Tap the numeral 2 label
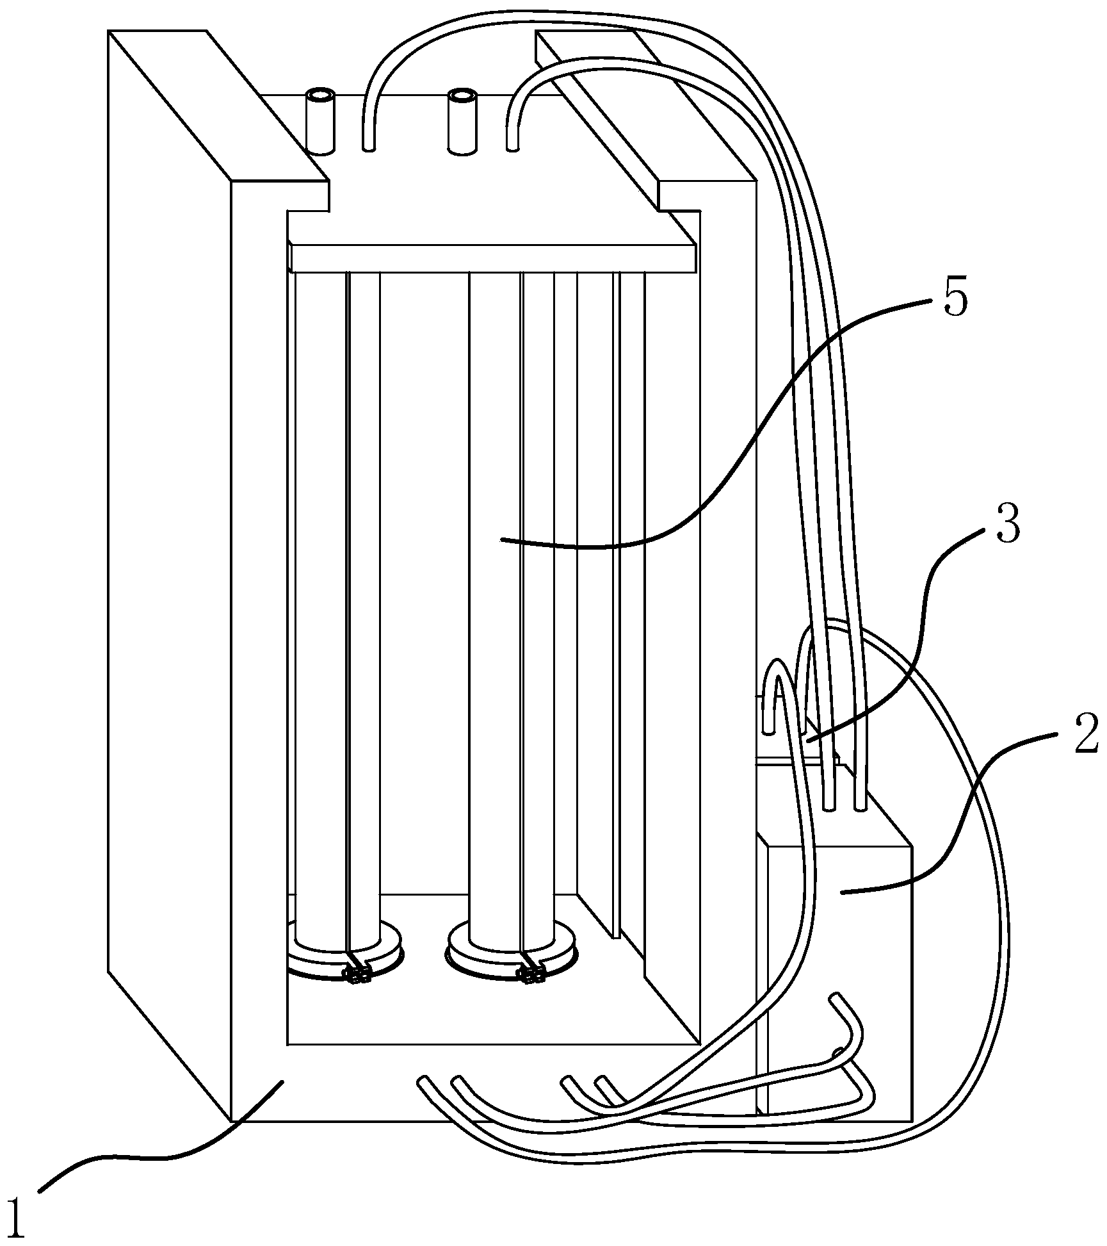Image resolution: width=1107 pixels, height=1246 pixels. coord(1086,734)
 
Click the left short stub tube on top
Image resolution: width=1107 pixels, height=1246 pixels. coord(320,122)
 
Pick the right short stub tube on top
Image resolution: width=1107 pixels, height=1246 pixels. coord(461,122)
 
